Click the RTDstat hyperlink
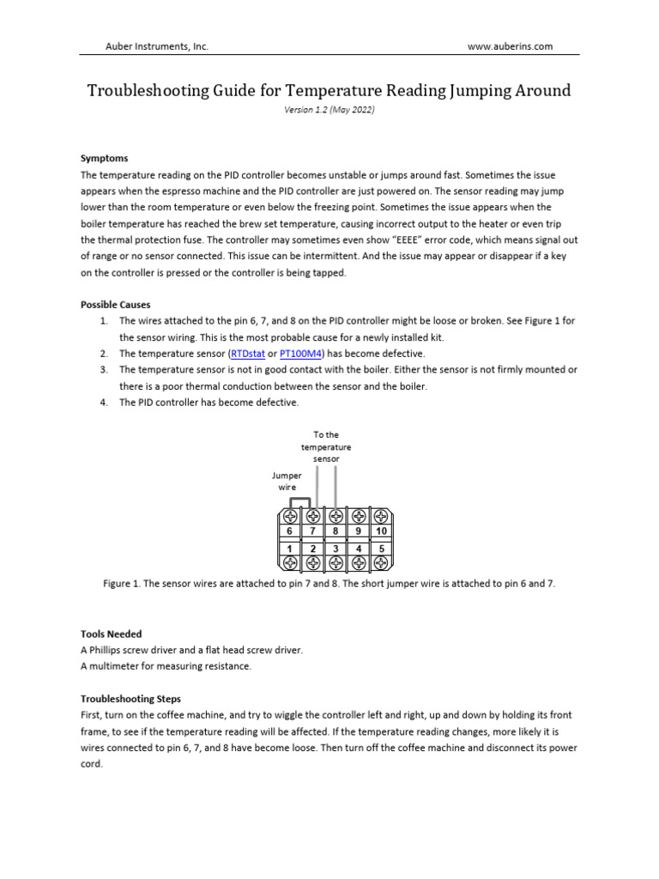click(x=247, y=354)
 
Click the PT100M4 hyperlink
click(x=301, y=354)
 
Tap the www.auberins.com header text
click(x=510, y=46)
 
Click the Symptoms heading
click(x=104, y=159)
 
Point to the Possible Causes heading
click(x=117, y=305)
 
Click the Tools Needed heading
click(x=112, y=634)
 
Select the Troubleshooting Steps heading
click(x=130, y=699)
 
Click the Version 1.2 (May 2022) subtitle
click(x=329, y=111)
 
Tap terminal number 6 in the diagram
click(x=290, y=531)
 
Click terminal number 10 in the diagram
click(x=382, y=531)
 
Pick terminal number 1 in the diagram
click(x=290, y=548)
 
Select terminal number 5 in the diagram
click(x=382, y=548)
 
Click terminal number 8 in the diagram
click(x=336, y=531)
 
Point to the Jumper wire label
click(x=287, y=481)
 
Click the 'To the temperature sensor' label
click(x=326, y=446)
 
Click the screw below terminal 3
click(x=336, y=563)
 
